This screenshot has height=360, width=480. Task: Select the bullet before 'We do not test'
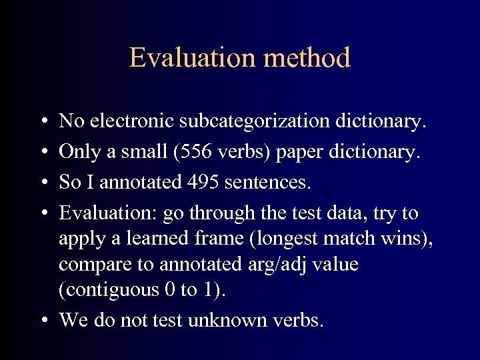(41, 321)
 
